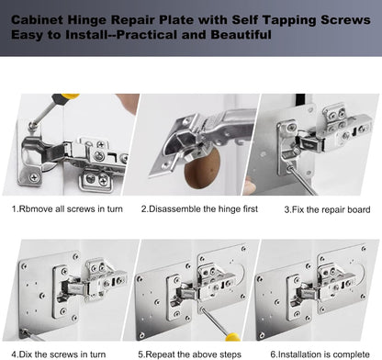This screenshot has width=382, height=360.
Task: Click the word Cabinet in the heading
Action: pyautogui.click(x=40, y=18)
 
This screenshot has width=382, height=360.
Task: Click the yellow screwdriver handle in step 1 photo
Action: pyautogui.click(x=63, y=99)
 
